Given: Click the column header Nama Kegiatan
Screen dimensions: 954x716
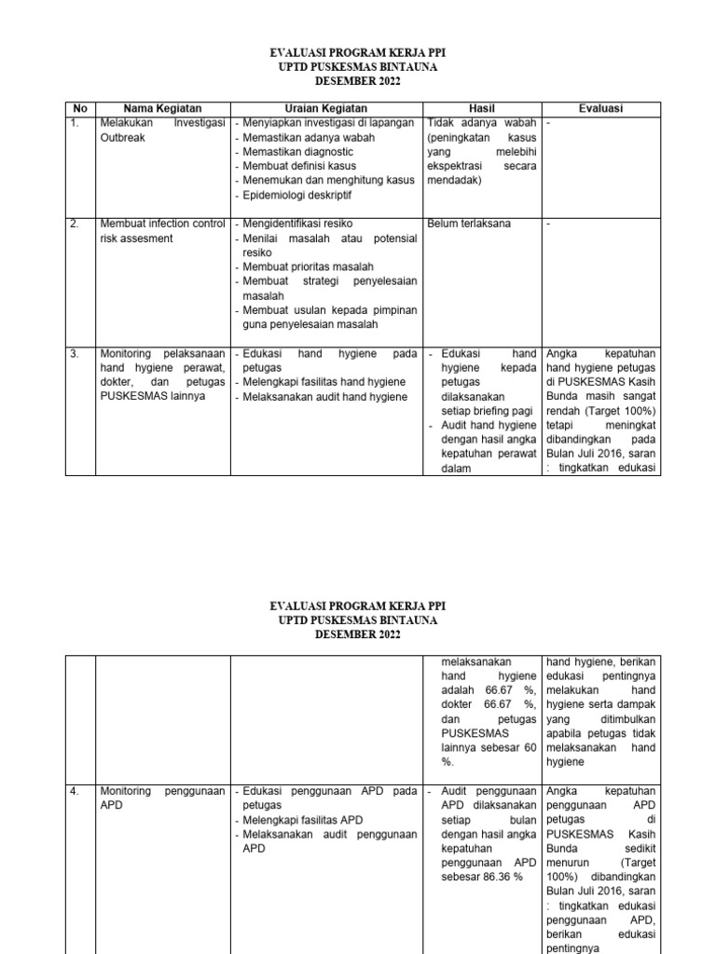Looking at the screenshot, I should click(162, 109).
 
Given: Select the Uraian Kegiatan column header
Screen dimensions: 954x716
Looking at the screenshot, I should click(326, 109).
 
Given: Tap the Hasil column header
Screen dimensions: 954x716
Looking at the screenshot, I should click(481, 109).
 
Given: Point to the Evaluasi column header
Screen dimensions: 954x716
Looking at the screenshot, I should click(600, 109).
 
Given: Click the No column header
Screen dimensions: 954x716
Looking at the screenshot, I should click(79, 109).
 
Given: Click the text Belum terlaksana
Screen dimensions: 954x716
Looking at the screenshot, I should click(469, 224).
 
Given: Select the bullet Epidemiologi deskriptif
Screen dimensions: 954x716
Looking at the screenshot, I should click(298, 196).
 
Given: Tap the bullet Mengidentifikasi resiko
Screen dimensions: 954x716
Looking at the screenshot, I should click(298, 224).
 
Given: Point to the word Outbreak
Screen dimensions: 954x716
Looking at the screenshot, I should click(122, 137).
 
